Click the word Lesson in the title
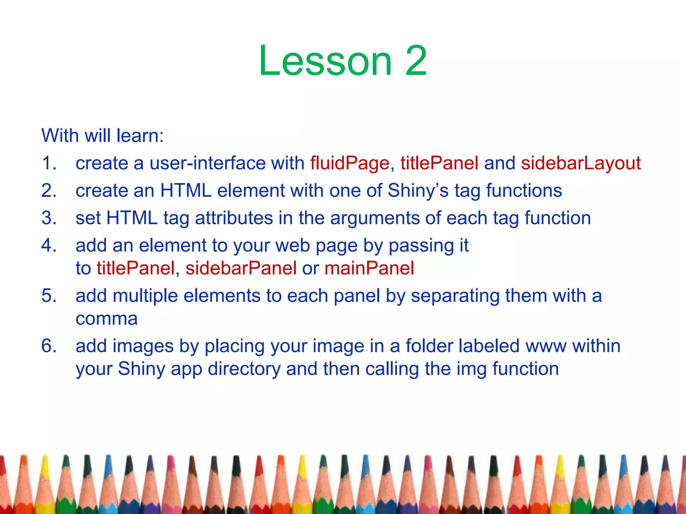325,61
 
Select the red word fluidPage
350,163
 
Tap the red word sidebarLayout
581,163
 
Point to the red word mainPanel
369,268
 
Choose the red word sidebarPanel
241,268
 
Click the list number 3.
49,218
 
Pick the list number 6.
49,346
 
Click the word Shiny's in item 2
418,191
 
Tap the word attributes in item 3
234,218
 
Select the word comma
107,319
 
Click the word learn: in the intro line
140,136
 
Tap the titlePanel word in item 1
439,163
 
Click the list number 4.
49,246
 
